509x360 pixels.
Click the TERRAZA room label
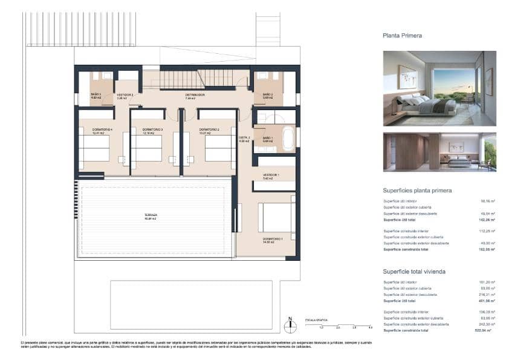[x=151, y=216]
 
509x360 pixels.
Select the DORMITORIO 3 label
[x=152, y=131]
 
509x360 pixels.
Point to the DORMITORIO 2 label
[x=209, y=131]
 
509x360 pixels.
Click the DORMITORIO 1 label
[x=271, y=240]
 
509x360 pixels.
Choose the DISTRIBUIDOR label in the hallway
[x=195, y=95]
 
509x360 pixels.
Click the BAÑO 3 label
[x=96, y=96]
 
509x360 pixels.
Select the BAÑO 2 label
[x=267, y=96]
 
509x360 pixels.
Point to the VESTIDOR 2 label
[x=125, y=96]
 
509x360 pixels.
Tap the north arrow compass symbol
[x=290, y=326]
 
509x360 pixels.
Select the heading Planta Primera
[x=402, y=36]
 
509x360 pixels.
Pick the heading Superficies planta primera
[x=417, y=191]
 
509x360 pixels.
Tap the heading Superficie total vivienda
[x=414, y=272]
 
